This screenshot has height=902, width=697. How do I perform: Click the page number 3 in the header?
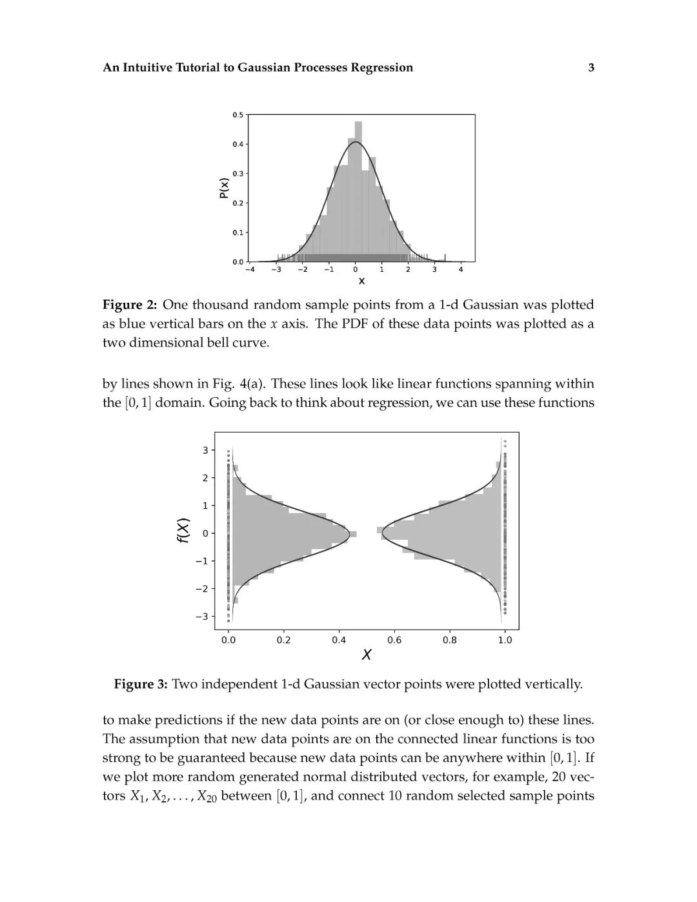point(591,67)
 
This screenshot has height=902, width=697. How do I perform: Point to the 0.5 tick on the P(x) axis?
point(238,115)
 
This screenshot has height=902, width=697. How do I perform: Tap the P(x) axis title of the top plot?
point(223,187)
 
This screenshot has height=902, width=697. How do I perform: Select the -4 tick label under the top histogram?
point(250,269)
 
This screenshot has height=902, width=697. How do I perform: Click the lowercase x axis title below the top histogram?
point(361,281)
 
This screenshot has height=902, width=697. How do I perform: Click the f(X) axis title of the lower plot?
point(184,531)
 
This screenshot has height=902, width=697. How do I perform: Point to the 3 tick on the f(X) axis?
point(205,450)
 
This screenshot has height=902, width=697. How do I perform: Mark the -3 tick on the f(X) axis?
point(202,617)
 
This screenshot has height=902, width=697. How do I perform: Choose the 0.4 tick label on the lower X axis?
point(339,640)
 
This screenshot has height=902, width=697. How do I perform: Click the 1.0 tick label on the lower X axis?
point(505,640)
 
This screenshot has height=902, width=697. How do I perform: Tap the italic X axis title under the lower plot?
point(367,655)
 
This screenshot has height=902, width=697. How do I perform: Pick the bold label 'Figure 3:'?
point(141,684)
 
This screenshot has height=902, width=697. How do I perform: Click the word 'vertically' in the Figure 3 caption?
point(555,684)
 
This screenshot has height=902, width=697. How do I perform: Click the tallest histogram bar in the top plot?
point(355,194)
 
